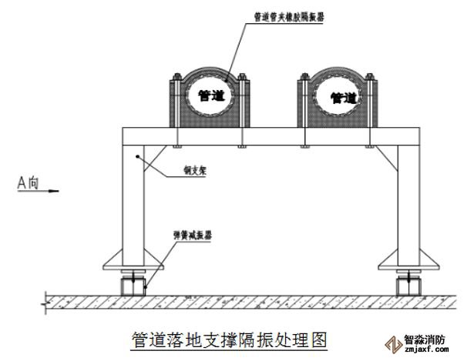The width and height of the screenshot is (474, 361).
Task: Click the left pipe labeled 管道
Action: point(207,96)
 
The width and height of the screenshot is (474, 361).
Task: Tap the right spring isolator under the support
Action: point(405,285)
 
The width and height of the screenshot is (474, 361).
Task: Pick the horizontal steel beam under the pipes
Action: point(270,135)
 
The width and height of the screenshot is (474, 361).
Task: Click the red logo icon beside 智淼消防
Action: point(388,344)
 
